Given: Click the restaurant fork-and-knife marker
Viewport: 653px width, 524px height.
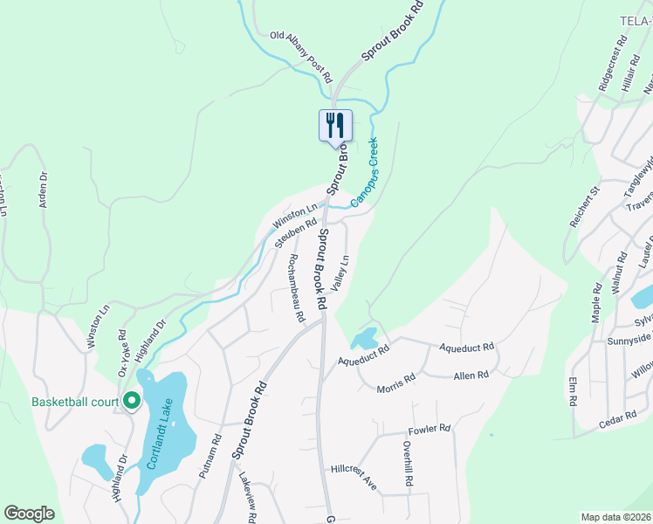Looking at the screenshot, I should click(334, 126).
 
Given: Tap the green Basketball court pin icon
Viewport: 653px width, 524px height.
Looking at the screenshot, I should click(132, 401).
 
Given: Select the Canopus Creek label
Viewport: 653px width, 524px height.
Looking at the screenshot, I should click(366, 172).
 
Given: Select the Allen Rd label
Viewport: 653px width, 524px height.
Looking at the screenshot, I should click(471, 375).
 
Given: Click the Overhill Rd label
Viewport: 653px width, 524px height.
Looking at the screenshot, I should click(408, 463).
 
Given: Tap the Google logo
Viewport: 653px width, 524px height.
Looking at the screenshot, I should click(29, 514).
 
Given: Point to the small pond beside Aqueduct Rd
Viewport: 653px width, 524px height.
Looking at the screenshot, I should click(364, 338).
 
